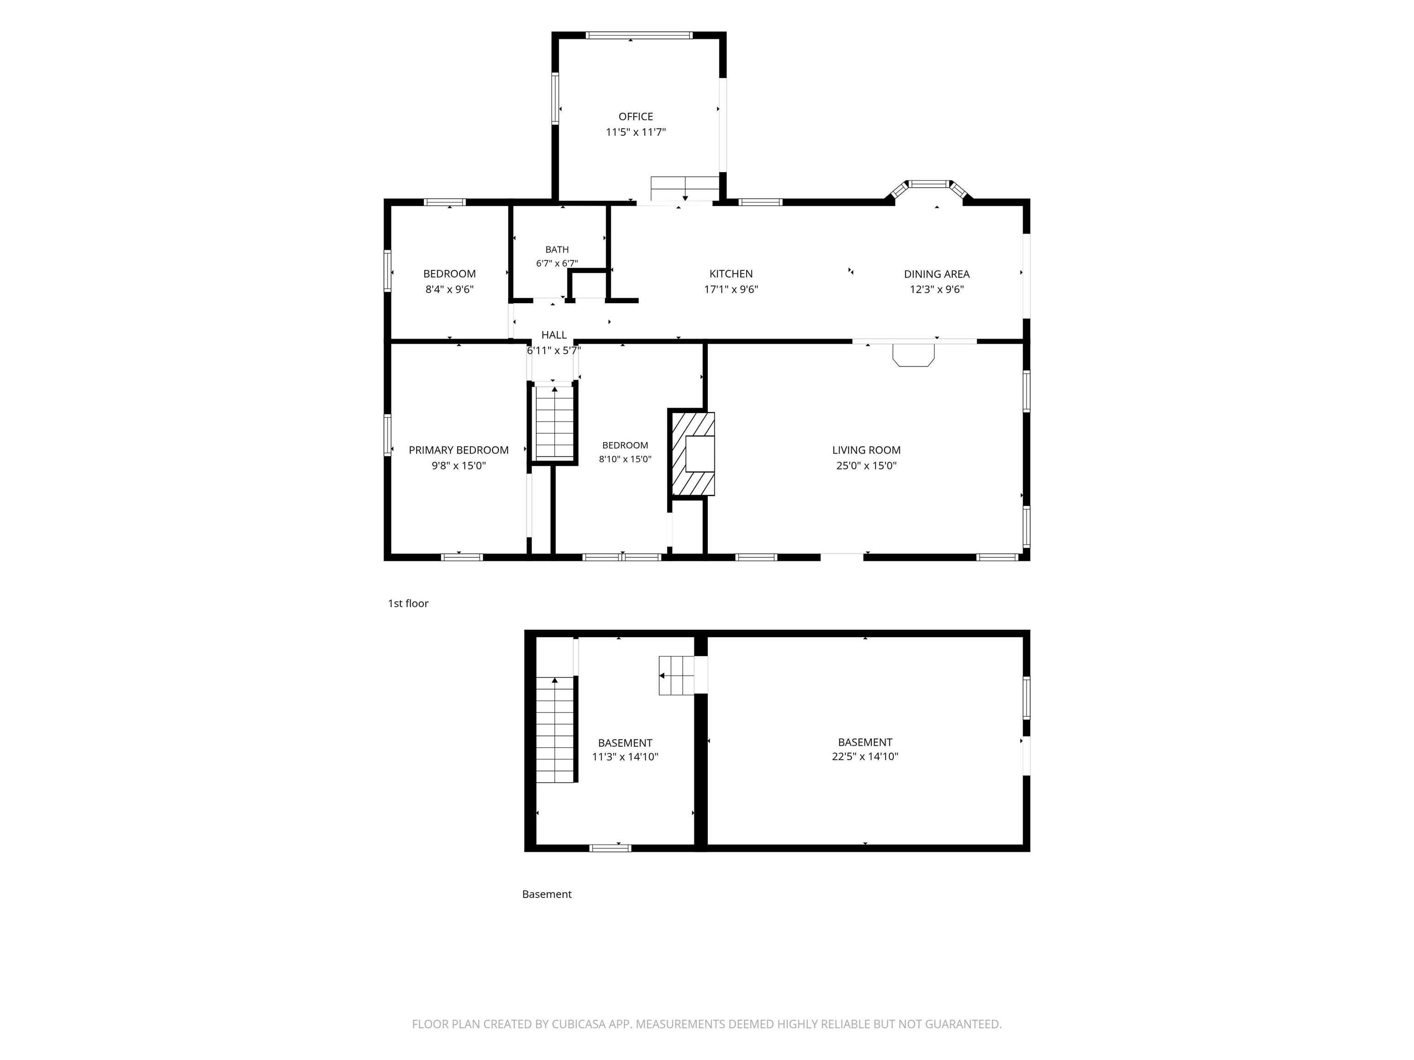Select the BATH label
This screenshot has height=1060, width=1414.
click(x=557, y=249)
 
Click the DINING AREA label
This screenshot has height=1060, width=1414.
click(x=937, y=273)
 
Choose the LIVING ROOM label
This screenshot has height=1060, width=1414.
click(x=866, y=450)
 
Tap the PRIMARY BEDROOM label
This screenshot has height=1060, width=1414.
click(x=458, y=450)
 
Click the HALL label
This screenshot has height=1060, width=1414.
click(x=554, y=335)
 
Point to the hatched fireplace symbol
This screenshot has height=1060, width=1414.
click(x=692, y=454)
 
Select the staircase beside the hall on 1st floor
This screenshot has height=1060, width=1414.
click(x=554, y=422)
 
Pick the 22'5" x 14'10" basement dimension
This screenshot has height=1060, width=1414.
click(x=865, y=756)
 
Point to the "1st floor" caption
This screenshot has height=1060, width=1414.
click(x=408, y=603)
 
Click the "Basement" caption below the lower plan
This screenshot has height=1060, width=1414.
click(x=546, y=894)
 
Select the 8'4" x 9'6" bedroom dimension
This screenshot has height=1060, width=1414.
click(x=449, y=289)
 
